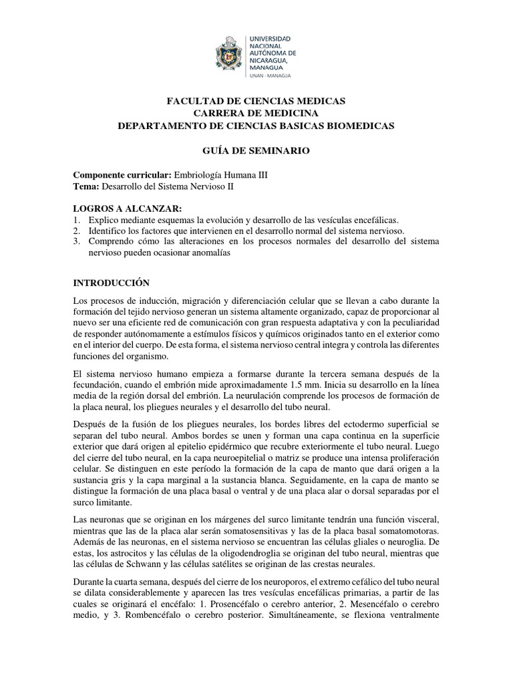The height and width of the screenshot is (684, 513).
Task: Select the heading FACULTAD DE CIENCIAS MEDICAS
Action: click(x=256, y=101)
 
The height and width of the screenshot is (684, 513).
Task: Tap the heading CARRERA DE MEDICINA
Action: click(x=256, y=113)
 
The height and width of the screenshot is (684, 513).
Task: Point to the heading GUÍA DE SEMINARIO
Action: click(x=256, y=151)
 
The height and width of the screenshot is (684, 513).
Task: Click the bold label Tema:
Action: click(x=85, y=187)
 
